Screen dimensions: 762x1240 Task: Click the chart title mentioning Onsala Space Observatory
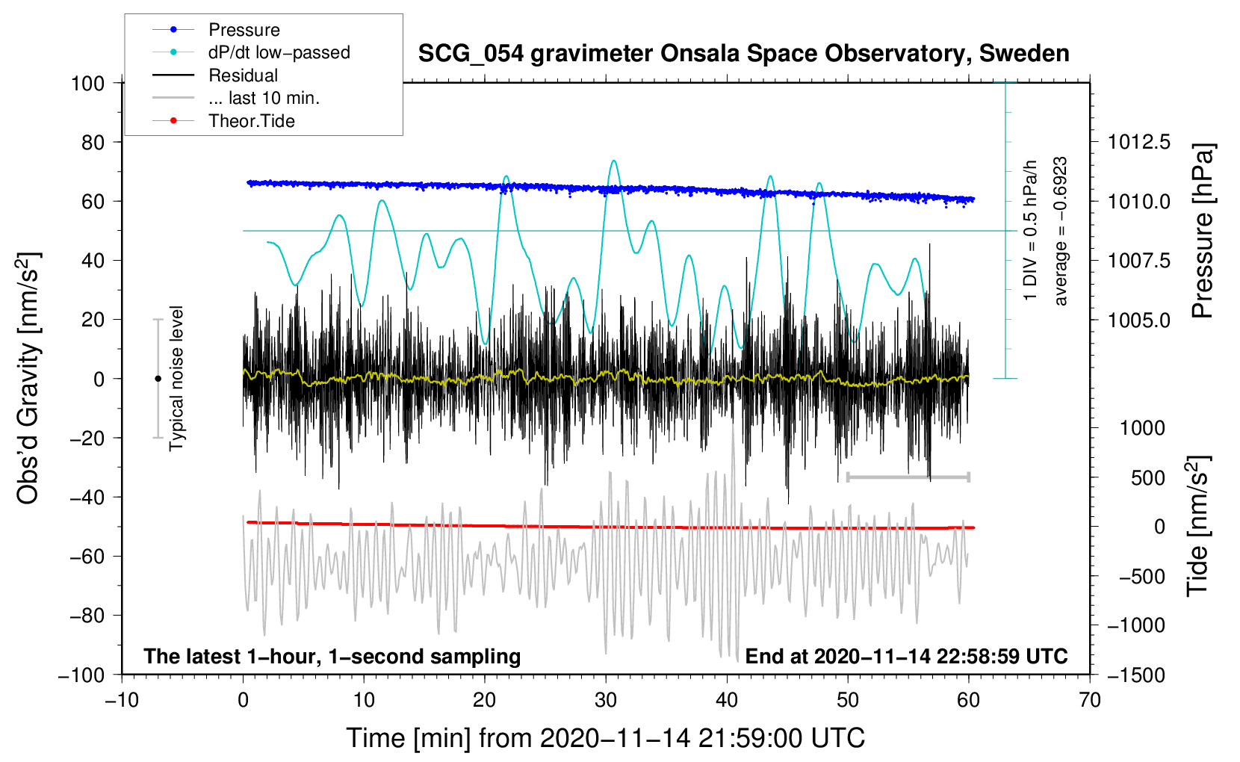(743, 54)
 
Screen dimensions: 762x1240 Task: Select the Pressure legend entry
(244, 30)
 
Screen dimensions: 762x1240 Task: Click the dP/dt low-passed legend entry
(279, 52)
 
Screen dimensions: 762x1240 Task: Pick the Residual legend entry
(243, 75)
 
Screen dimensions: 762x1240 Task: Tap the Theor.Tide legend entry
(251, 121)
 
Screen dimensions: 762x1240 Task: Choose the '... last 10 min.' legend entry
(264, 98)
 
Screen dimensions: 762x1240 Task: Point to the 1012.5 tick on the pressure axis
(1138, 142)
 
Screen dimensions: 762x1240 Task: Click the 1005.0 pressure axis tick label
(1138, 320)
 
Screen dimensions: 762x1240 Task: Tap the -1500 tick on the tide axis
(1136, 675)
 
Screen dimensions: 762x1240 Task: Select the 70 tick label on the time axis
(1090, 700)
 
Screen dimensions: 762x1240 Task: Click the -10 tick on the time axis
(122, 700)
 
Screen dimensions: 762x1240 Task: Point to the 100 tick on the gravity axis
(87, 83)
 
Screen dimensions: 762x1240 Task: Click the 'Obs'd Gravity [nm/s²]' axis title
(28, 378)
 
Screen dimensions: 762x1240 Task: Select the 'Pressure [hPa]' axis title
(1202, 231)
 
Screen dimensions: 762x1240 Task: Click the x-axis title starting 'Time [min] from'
(605, 738)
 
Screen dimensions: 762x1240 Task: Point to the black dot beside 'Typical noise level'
(158, 379)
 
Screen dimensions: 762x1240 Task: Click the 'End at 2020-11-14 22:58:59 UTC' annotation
(906, 656)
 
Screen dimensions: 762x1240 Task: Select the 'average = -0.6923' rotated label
(1061, 232)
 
